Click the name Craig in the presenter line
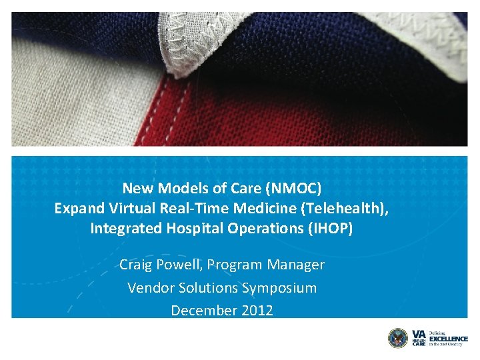click(136, 265)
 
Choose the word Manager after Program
click(295, 265)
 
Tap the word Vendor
click(149, 288)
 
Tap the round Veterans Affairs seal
click(397, 338)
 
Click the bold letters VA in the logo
click(417, 333)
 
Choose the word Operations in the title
click(257, 229)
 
